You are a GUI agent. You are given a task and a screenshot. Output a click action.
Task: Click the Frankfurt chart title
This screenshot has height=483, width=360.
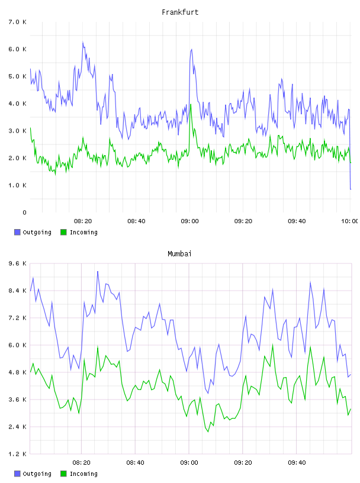[180, 12]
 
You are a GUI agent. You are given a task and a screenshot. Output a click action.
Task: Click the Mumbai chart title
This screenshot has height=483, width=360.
[179, 254]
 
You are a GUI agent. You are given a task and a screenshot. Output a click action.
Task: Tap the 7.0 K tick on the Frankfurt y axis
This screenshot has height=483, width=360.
[18, 22]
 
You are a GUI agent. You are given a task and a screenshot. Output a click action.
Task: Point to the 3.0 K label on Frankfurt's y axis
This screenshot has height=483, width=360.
[18, 131]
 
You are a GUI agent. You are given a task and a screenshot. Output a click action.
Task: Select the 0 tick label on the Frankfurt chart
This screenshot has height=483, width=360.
[25, 212]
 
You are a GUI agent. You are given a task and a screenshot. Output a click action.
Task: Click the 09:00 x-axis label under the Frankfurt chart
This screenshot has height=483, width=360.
[189, 221]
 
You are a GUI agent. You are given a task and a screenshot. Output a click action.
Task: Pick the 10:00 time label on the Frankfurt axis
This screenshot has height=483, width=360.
[350, 221]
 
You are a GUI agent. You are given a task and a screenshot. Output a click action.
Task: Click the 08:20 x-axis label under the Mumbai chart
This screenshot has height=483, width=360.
[81, 463]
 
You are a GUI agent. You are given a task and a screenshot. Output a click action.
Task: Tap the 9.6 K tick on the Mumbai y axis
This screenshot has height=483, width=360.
[18, 263]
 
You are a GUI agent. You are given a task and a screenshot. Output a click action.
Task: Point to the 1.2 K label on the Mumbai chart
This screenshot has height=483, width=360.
[18, 454]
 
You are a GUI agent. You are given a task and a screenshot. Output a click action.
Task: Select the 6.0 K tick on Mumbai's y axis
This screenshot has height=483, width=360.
[18, 345]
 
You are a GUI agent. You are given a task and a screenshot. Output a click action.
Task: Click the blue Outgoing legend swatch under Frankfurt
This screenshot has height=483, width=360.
[17, 232]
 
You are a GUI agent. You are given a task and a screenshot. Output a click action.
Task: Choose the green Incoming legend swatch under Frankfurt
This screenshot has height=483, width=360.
[63, 232]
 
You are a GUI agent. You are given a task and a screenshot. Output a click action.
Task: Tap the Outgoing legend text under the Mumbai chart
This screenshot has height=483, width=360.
[37, 474]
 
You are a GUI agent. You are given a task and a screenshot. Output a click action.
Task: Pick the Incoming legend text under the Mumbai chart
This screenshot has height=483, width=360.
[83, 474]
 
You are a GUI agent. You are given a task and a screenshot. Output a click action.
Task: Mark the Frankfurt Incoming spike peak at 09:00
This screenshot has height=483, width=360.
[191, 104]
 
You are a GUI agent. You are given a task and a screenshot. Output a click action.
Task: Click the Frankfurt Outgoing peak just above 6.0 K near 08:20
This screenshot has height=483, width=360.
[83, 42]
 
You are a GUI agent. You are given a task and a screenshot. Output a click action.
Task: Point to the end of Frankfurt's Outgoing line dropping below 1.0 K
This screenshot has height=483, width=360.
[351, 189]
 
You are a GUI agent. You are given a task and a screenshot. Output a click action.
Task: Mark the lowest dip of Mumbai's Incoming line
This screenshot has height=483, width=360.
[208, 432]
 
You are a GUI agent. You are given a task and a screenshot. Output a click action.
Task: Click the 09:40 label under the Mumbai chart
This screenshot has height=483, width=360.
[297, 463]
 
